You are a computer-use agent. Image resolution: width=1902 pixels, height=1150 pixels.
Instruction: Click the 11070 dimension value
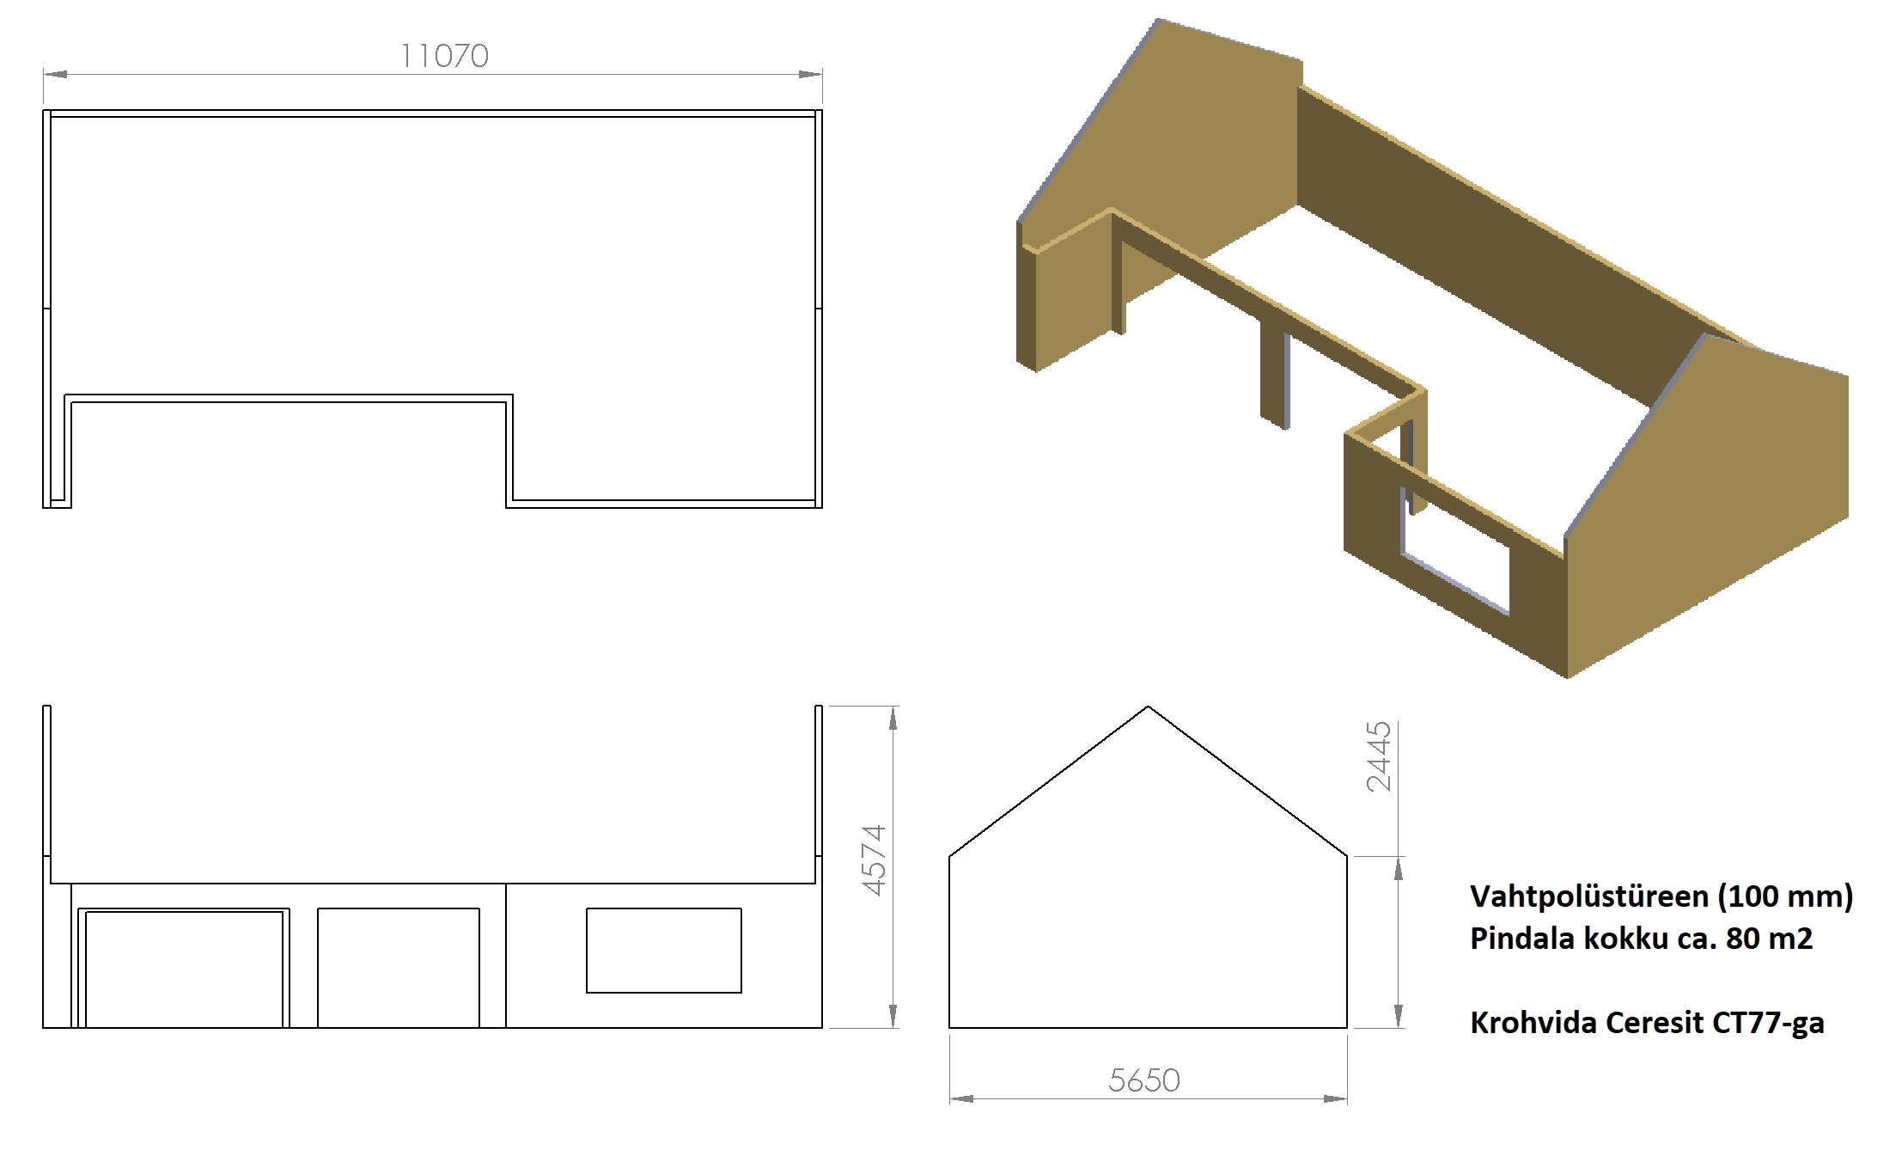(x=444, y=56)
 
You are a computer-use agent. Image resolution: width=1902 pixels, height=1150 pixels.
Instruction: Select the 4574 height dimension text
(x=874, y=860)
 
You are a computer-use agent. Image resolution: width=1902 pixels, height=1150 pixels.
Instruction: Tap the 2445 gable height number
(x=1378, y=756)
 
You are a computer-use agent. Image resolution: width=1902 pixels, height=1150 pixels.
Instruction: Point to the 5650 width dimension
(x=1143, y=1080)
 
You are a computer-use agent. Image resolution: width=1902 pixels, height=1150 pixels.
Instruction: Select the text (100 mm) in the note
(x=1785, y=896)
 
